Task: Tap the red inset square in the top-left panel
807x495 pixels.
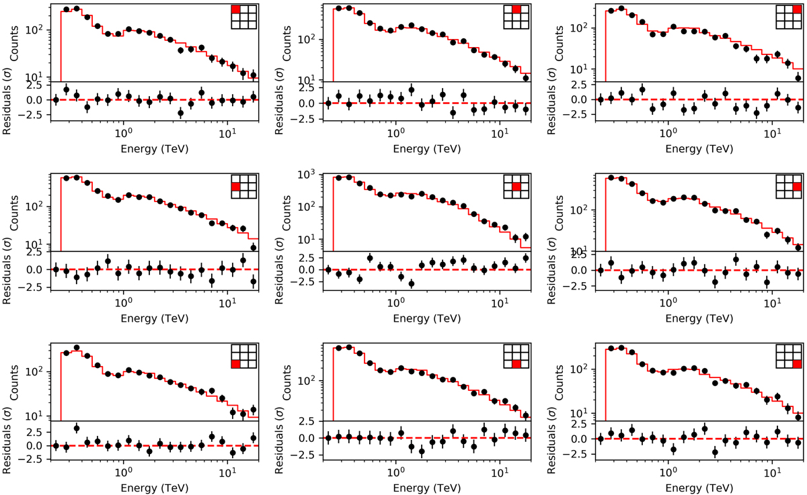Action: click(236, 10)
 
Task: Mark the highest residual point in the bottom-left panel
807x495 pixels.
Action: click(77, 428)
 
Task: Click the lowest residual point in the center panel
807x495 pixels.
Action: click(412, 283)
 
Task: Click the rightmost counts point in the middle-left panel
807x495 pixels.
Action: click(254, 247)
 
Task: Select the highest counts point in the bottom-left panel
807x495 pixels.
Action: click(77, 348)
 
